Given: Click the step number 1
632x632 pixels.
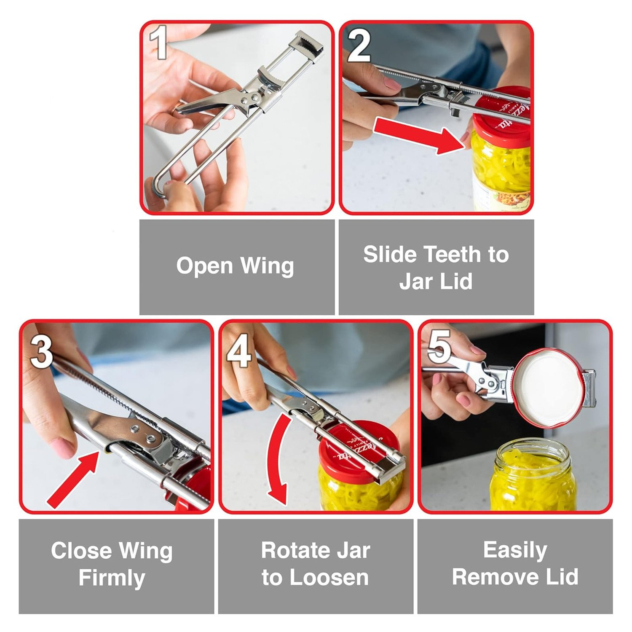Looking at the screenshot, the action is (158, 42).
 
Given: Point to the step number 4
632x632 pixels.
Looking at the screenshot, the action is (239, 351).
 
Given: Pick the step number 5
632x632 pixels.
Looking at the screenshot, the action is (439, 347).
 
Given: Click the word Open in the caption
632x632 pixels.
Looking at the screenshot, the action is (204, 267).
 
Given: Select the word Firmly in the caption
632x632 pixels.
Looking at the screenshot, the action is (112, 578).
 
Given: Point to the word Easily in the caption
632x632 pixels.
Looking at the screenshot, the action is (515, 551).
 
